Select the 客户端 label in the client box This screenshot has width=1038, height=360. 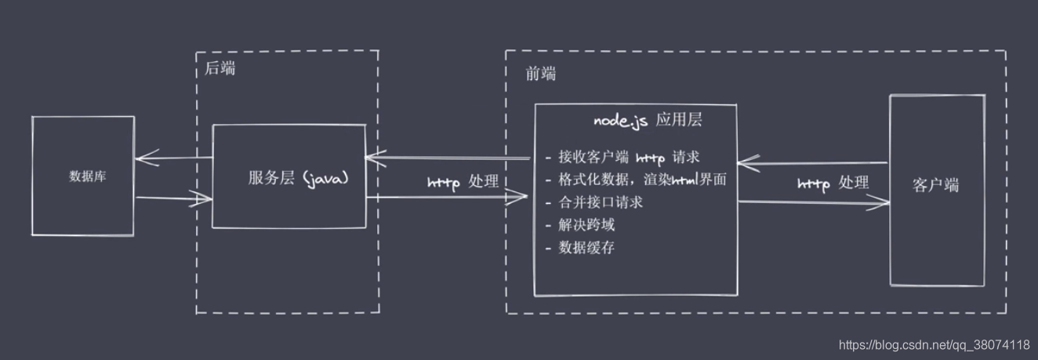(x=935, y=186)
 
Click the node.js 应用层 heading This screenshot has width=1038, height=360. (x=647, y=121)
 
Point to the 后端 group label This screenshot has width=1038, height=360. (x=220, y=68)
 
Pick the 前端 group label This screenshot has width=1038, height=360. (x=540, y=74)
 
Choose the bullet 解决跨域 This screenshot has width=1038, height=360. (x=586, y=225)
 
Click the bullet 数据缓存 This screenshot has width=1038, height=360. (x=586, y=248)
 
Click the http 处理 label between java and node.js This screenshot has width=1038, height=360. (x=463, y=182)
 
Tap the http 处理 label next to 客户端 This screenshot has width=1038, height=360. (x=833, y=184)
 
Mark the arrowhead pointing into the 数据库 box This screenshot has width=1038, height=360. (x=140, y=159)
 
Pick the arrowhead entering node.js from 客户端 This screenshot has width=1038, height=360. (x=744, y=163)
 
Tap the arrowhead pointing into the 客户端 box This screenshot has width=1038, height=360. (x=884, y=202)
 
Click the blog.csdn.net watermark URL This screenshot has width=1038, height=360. (x=934, y=344)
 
